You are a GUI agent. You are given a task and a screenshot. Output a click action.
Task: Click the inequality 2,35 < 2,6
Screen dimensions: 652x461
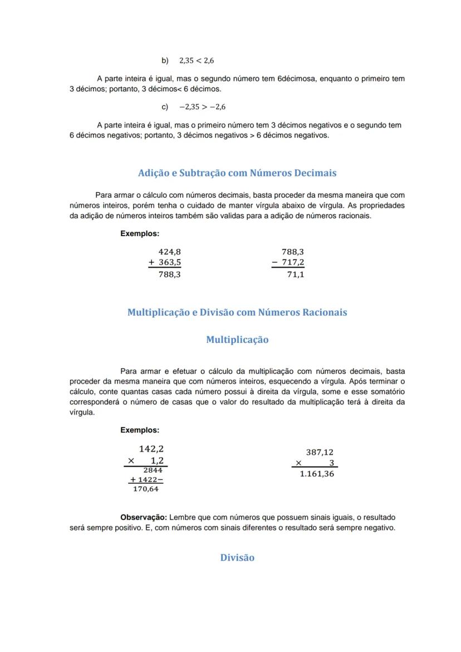197,60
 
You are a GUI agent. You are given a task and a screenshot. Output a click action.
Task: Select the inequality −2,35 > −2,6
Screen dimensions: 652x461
202,107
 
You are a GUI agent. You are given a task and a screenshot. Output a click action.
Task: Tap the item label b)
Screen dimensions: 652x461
165,60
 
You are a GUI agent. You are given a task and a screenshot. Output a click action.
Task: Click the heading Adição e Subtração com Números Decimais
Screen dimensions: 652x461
237,173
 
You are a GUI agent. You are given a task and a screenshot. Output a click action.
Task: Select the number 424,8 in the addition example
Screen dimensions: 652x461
170,252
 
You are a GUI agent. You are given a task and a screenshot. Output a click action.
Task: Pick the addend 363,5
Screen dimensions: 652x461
170,262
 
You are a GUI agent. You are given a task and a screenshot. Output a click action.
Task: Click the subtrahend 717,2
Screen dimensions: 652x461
293,262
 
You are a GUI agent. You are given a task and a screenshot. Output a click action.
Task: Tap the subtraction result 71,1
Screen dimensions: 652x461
296,274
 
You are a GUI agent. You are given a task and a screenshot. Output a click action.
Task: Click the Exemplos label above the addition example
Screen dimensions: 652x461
140,234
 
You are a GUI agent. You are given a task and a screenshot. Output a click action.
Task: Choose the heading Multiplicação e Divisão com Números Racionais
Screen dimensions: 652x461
237,312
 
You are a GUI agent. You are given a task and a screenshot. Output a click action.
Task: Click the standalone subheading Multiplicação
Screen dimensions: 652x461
237,340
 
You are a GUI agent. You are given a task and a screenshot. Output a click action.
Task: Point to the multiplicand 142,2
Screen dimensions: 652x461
151,449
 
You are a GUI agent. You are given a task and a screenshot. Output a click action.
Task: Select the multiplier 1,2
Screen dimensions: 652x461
158,460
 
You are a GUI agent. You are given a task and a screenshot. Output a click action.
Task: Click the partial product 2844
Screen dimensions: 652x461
153,470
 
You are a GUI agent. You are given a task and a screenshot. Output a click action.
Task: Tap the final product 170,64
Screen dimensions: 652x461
146,489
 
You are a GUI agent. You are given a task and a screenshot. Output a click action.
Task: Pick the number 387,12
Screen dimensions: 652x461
320,453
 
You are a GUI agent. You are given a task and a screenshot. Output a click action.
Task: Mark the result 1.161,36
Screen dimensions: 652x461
317,474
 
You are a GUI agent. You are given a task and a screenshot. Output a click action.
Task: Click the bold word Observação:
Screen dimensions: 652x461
144,518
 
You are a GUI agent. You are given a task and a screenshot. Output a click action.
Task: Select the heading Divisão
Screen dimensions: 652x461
237,558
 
